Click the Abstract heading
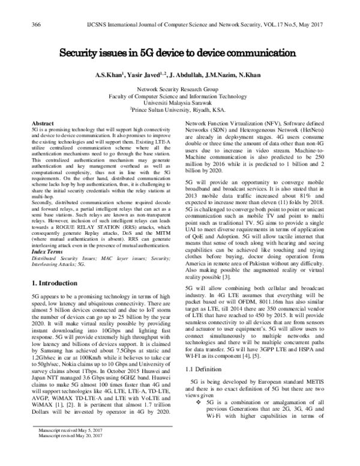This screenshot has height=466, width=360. [42, 123]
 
